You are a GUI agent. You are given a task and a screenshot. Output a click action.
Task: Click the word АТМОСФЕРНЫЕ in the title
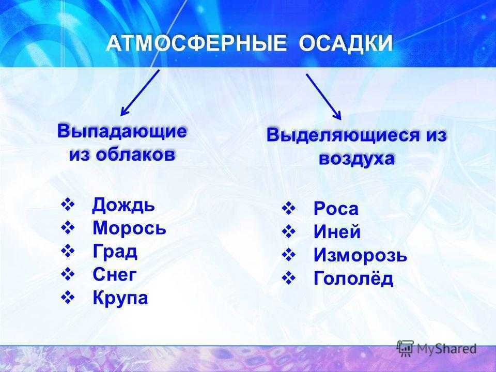pos(196,43)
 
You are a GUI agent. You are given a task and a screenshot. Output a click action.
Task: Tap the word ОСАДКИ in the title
pos(346,43)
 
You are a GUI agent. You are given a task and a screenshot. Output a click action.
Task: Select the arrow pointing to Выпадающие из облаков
pos(139,92)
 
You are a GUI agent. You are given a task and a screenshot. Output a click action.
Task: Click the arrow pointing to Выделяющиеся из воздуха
pos(323,97)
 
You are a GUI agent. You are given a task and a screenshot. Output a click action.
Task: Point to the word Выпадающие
pos(122,132)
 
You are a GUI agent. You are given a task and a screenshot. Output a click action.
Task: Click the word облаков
pos(136,154)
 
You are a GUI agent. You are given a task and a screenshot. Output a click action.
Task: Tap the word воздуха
pos(357,158)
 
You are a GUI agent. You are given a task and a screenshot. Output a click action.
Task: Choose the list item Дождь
pos(123,205)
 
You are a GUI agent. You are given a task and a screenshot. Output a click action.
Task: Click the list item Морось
pos(129,228)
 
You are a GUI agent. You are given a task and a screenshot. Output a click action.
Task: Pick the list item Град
pos(115,252)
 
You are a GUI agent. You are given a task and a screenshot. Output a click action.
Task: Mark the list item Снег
pos(115,274)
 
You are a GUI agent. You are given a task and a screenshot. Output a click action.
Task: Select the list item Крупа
pos(120,298)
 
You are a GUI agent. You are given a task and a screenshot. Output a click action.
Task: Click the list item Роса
pos(336,209)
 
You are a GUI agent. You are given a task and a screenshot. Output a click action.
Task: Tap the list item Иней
pos(337,232)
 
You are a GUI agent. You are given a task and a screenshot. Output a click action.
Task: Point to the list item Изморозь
pos(360,255)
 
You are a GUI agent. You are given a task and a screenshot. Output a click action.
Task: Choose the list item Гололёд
pos(353,278)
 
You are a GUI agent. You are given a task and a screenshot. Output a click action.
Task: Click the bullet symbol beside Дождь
pos(67,205)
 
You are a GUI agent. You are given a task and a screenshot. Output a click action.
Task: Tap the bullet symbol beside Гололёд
pos(288,278)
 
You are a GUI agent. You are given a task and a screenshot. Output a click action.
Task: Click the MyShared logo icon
pos(405,348)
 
